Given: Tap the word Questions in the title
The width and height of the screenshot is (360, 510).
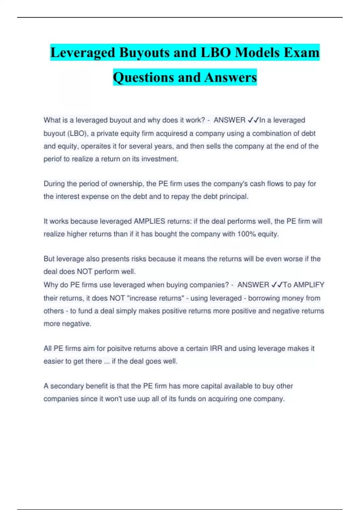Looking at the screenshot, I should (142, 77).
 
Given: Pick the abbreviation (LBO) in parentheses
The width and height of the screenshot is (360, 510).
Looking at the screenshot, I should (78, 133).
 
